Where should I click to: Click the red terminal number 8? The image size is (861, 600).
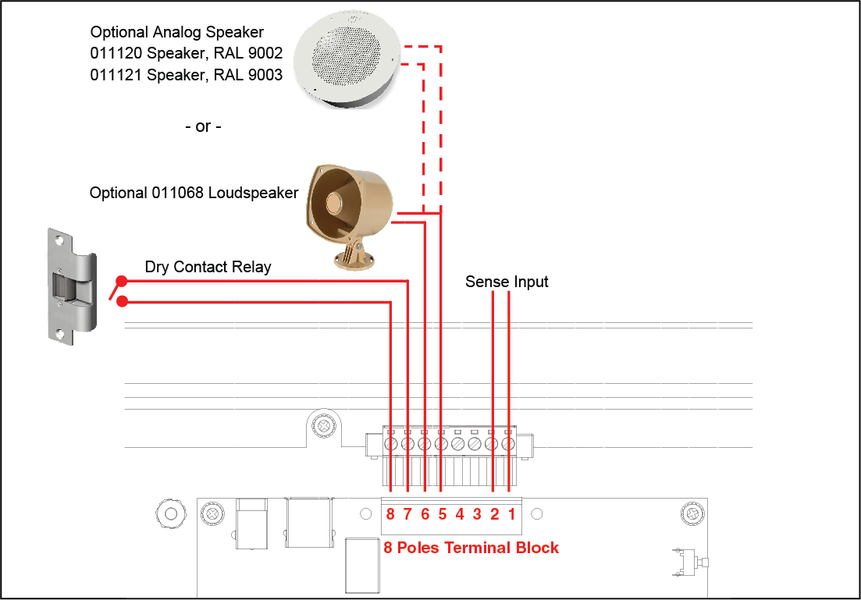[x=390, y=514]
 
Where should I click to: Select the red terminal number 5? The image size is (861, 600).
[x=443, y=514]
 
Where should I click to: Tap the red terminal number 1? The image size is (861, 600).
[x=512, y=514]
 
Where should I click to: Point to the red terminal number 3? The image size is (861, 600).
[x=477, y=514]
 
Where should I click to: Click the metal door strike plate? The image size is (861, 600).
[x=72, y=286]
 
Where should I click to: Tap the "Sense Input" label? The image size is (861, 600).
[x=507, y=282]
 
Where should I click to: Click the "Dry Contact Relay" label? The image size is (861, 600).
[x=208, y=267]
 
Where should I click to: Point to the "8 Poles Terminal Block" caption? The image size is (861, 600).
[x=471, y=548]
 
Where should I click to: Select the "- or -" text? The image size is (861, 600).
[x=203, y=127]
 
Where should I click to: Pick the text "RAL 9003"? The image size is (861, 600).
[x=247, y=75]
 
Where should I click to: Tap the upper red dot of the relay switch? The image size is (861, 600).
[x=122, y=281]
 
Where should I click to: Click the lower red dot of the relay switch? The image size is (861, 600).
[x=123, y=301]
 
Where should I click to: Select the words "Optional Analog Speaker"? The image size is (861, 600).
[x=177, y=32]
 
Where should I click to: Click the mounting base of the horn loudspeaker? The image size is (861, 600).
[x=354, y=257]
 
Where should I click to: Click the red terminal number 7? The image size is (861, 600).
[x=407, y=514]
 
